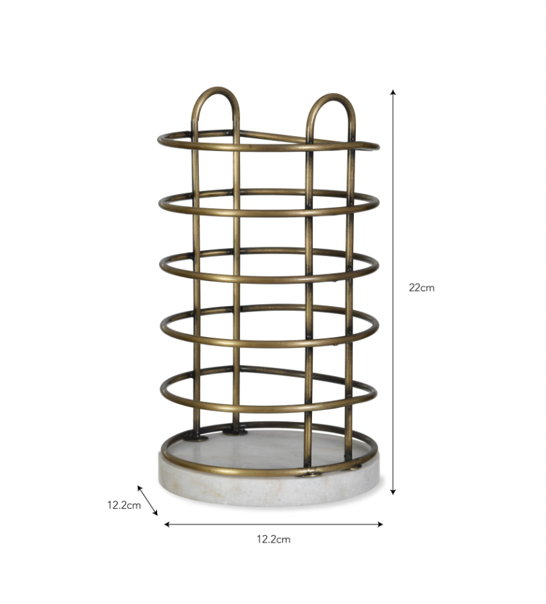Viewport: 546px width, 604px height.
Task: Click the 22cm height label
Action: click(x=421, y=287)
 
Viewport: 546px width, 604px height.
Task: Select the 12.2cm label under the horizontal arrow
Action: click(x=273, y=539)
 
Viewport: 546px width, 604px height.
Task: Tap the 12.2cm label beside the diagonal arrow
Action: click(x=123, y=504)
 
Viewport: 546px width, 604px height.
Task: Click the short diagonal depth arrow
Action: click(x=148, y=500)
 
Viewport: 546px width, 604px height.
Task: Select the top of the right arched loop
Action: click(x=331, y=96)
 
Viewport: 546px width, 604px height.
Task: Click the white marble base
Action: click(x=270, y=489)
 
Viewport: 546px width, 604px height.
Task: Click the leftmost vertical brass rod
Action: click(x=196, y=283)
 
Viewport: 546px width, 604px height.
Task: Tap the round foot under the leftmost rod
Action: click(x=196, y=437)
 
